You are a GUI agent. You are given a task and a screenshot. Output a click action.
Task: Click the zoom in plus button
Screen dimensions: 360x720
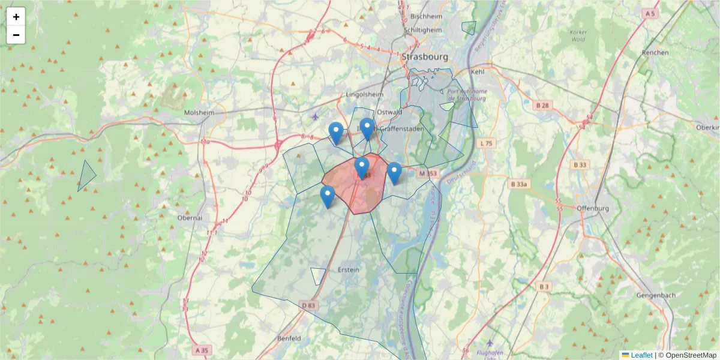pos(16,17)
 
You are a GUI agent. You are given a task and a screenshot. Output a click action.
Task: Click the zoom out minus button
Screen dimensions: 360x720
pos(16,35)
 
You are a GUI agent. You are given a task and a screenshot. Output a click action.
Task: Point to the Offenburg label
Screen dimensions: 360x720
pos(592,208)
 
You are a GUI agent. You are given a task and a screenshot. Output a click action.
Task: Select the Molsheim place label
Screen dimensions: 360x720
pos(199,113)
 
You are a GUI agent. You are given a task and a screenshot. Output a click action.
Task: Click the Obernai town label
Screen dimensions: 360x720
pos(190,218)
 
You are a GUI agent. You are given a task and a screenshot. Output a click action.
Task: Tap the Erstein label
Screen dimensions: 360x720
pos(349,269)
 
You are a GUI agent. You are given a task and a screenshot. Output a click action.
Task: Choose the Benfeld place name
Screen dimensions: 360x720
pos(289,338)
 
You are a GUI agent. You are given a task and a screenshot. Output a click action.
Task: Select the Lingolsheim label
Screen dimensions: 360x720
pos(364,95)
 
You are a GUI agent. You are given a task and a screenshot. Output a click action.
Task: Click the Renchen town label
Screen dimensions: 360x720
pos(655,52)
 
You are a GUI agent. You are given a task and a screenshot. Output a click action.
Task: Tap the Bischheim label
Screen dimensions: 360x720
pos(427,17)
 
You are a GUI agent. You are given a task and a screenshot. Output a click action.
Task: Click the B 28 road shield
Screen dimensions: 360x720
pos(541,106)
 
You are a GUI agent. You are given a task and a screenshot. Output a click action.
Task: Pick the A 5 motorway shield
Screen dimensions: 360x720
pos(649,13)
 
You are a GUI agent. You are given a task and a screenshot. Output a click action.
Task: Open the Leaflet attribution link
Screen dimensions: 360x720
pos(641,355)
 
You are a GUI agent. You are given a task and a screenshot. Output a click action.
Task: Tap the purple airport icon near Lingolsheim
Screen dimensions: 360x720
pos(316,116)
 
